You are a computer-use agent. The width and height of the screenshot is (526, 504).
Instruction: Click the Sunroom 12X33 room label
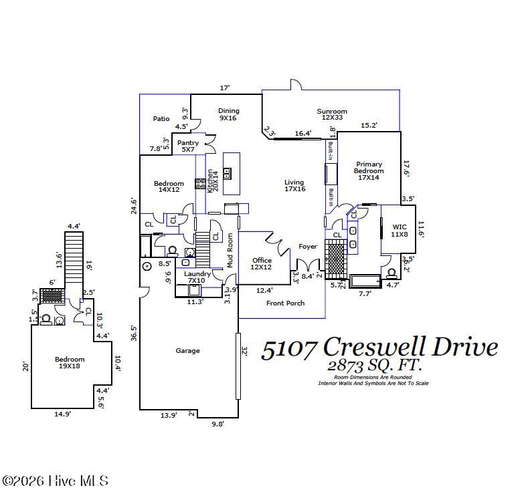331,115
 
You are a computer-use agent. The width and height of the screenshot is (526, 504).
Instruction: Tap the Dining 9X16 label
228,114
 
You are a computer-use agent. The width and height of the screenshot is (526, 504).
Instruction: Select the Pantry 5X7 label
188,146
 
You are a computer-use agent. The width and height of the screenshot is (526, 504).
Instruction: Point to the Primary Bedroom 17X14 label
369,171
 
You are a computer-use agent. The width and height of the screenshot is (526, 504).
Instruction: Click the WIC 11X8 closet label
399,231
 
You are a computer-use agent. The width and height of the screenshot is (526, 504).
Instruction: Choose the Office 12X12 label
262,263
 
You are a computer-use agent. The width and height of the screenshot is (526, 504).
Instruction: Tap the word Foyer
308,247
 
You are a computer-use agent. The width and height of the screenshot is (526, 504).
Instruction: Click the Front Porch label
286,303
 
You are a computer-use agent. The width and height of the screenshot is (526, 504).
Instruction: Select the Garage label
187,350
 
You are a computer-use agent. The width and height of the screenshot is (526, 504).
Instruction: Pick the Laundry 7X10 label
197,277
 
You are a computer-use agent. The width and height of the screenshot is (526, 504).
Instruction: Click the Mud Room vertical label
230,250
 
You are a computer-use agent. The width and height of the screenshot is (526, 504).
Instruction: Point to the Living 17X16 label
294,185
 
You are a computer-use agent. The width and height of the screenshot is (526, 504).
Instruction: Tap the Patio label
161,118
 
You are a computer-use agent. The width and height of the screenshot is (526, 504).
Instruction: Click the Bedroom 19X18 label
70,362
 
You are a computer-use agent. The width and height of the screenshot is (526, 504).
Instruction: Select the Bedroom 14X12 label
169,187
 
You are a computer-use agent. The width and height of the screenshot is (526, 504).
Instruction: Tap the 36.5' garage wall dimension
133,333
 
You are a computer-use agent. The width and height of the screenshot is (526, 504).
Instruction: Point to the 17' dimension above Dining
225,88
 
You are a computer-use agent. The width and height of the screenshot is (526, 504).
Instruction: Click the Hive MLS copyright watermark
55,481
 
